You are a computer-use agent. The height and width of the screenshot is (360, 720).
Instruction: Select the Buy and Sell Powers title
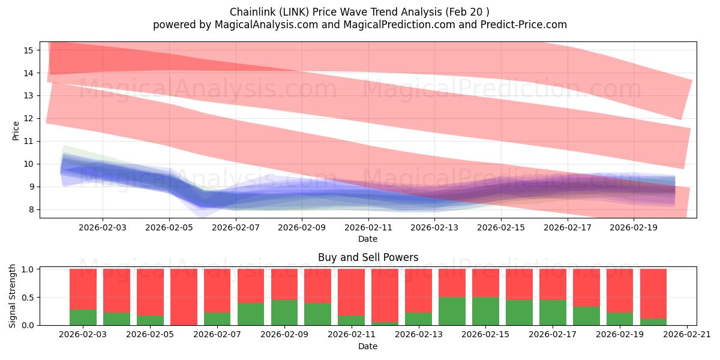368,258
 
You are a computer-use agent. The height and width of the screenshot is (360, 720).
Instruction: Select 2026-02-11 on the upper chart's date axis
368,227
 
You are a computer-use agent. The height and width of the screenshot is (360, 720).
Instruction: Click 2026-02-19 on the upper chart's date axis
635,227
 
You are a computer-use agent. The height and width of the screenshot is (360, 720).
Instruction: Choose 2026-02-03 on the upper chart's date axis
102,227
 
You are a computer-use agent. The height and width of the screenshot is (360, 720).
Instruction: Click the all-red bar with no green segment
184,297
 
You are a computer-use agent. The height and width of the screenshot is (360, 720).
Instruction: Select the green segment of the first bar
83,317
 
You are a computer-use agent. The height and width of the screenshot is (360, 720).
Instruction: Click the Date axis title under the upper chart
368,239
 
